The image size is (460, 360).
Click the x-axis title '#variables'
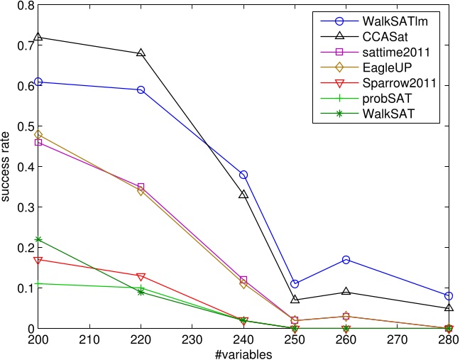(x=244, y=352)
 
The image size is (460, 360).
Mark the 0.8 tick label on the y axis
(x=26, y=6)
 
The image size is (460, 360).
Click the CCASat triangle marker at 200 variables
(x=38, y=37)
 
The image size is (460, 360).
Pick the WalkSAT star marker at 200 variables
(x=38, y=239)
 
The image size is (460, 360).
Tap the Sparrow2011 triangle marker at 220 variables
(x=141, y=276)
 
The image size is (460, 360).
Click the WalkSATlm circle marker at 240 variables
(x=243, y=175)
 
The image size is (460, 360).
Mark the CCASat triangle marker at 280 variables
(x=448, y=308)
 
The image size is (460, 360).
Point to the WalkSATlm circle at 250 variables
(x=295, y=284)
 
